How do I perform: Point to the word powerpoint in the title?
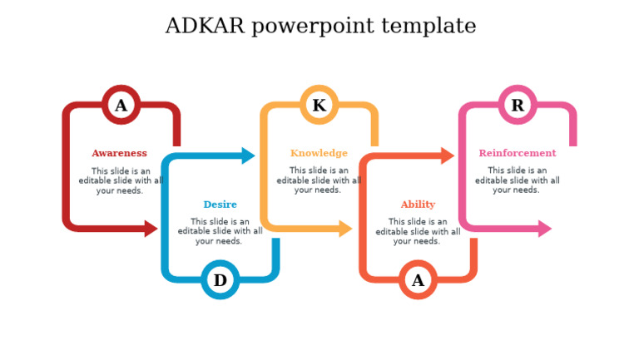click(x=314, y=27)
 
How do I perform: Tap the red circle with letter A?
click(x=121, y=106)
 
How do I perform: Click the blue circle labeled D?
click(x=220, y=280)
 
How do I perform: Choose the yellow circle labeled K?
click(x=319, y=106)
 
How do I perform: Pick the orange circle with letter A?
click(x=418, y=280)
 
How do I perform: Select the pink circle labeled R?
click(x=518, y=106)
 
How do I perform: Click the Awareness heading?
click(x=119, y=153)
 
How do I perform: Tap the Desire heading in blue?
click(x=220, y=205)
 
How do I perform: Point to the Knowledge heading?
click(x=319, y=153)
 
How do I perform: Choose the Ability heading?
click(x=418, y=205)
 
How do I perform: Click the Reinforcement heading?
click(x=518, y=153)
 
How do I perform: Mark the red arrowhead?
click(x=151, y=229)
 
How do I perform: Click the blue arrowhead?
click(x=248, y=155)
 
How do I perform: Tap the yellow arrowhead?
click(x=346, y=229)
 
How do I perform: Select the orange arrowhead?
click(x=448, y=155)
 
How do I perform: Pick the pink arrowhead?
click(x=545, y=229)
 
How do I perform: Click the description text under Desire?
click(x=220, y=231)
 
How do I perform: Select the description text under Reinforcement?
click(x=517, y=180)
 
